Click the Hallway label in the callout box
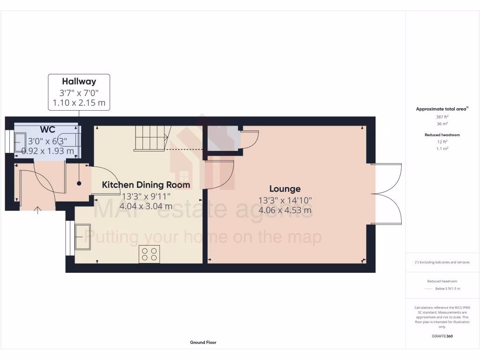tap(79, 82)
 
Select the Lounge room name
tap(285, 189)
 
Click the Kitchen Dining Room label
tap(146, 185)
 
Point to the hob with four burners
tap(149, 254)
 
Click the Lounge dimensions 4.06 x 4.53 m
tap(285, 210)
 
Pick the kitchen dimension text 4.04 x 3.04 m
tap(146, 206)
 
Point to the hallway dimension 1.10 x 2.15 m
tap(79, 103)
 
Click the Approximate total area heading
tap(442, 109)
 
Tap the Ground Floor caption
tap(203, 343)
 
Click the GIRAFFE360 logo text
tap(442, 336)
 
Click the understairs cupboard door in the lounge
tap(248, 138)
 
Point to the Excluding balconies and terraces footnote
tap(442, 262)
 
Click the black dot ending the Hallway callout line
tap(79, 183)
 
